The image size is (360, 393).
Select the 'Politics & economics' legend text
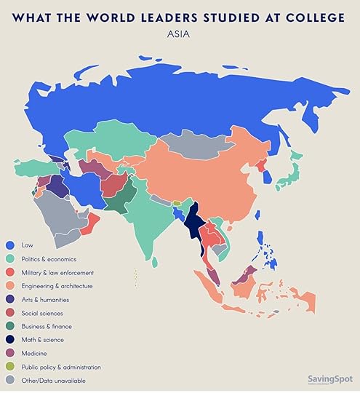click(x=49, y=259)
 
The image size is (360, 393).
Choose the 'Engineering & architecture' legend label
click(x=57, y=286)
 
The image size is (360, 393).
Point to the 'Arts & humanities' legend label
click(x=46, y=299)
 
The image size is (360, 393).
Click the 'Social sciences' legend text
click(x=43, y=313)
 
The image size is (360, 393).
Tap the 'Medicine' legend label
click(x=34, y=353)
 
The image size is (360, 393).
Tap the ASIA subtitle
click(x=180, y=33)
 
